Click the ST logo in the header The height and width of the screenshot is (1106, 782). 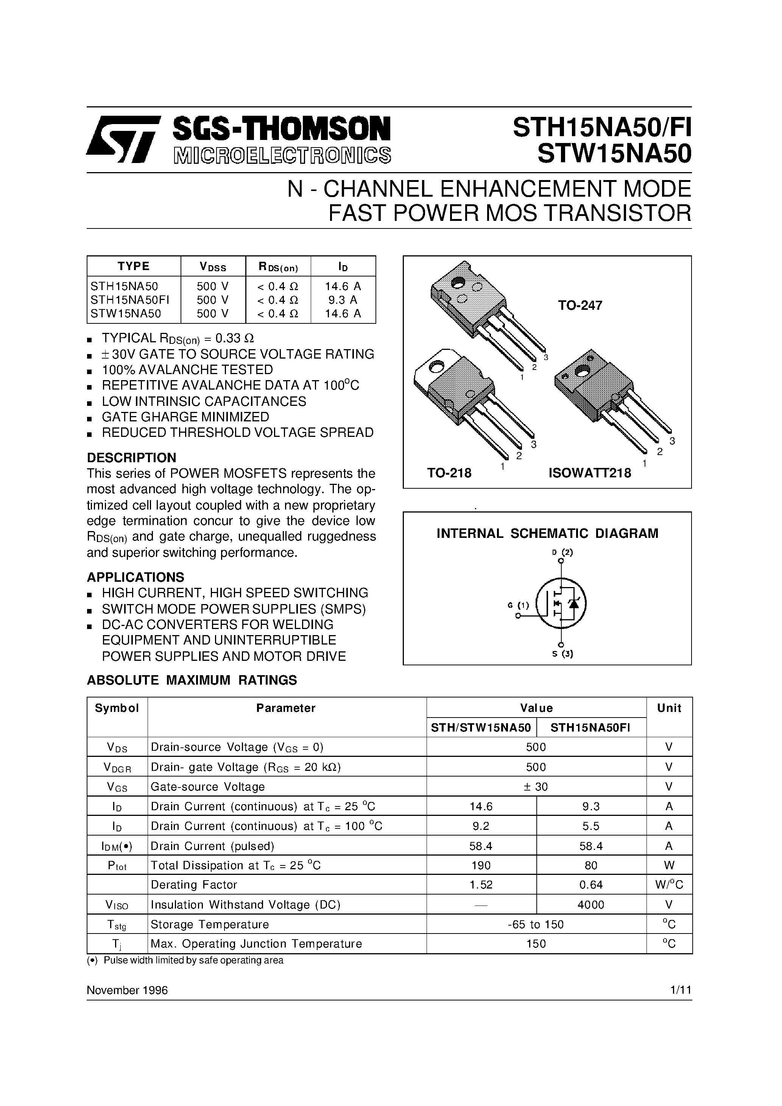(x=123, y=139)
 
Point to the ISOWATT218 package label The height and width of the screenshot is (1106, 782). (x=589, y=473)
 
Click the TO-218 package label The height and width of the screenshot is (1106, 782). (x=449, y=473)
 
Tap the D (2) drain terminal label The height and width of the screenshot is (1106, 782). (x=562, y=553)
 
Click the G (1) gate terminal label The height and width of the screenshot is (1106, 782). (x=518, y=606)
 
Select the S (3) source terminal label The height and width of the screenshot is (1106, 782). (x=562, y=654)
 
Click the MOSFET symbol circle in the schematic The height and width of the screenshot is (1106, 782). (x=561, y=603)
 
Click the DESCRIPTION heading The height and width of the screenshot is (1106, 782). (x=131, y=458)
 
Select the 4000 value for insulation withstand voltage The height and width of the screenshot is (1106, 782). (x=590, y=905)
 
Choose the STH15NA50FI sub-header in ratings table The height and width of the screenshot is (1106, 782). (x=590, y=728)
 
